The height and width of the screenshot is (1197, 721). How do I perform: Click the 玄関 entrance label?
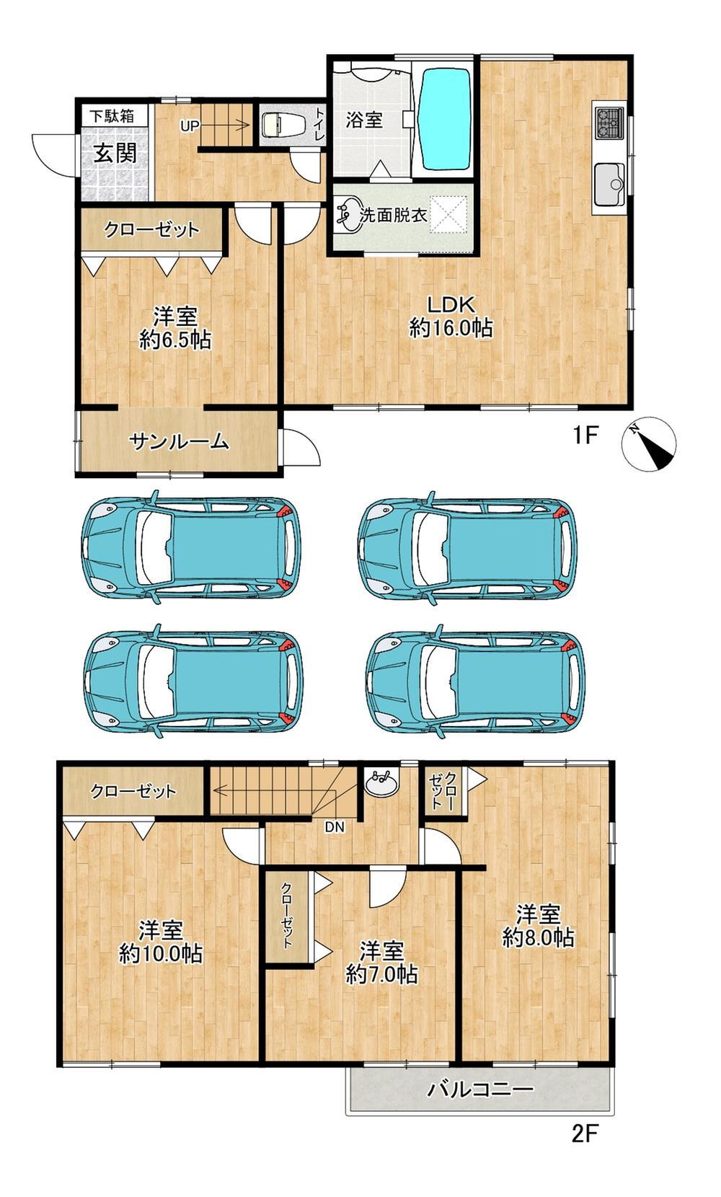coord(115,154)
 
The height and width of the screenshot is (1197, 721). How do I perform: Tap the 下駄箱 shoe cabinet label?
coord(112,116)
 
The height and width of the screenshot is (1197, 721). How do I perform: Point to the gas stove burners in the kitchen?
coord(609,123)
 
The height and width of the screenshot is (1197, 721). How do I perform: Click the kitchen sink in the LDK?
coord(609,183)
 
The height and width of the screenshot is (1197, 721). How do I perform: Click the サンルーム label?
coord(179,442)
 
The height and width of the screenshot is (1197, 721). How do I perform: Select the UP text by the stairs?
coord(189,126)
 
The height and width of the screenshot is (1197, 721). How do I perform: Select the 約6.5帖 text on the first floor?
coord(174,340)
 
